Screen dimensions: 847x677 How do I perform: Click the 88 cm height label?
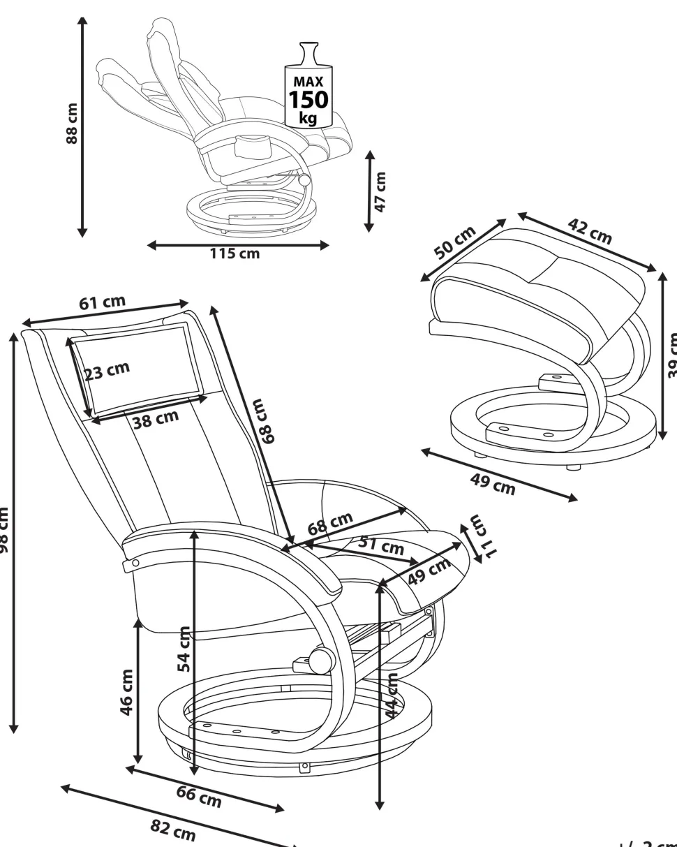70,124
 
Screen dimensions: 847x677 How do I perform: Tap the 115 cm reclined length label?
235,253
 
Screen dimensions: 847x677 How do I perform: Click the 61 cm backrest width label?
102,303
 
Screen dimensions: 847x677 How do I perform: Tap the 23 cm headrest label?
107,371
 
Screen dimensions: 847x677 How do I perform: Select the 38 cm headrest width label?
156,420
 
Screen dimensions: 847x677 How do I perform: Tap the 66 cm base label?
199,796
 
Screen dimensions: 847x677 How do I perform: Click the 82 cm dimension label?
173,830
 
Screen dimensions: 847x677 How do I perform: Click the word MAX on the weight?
308,82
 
